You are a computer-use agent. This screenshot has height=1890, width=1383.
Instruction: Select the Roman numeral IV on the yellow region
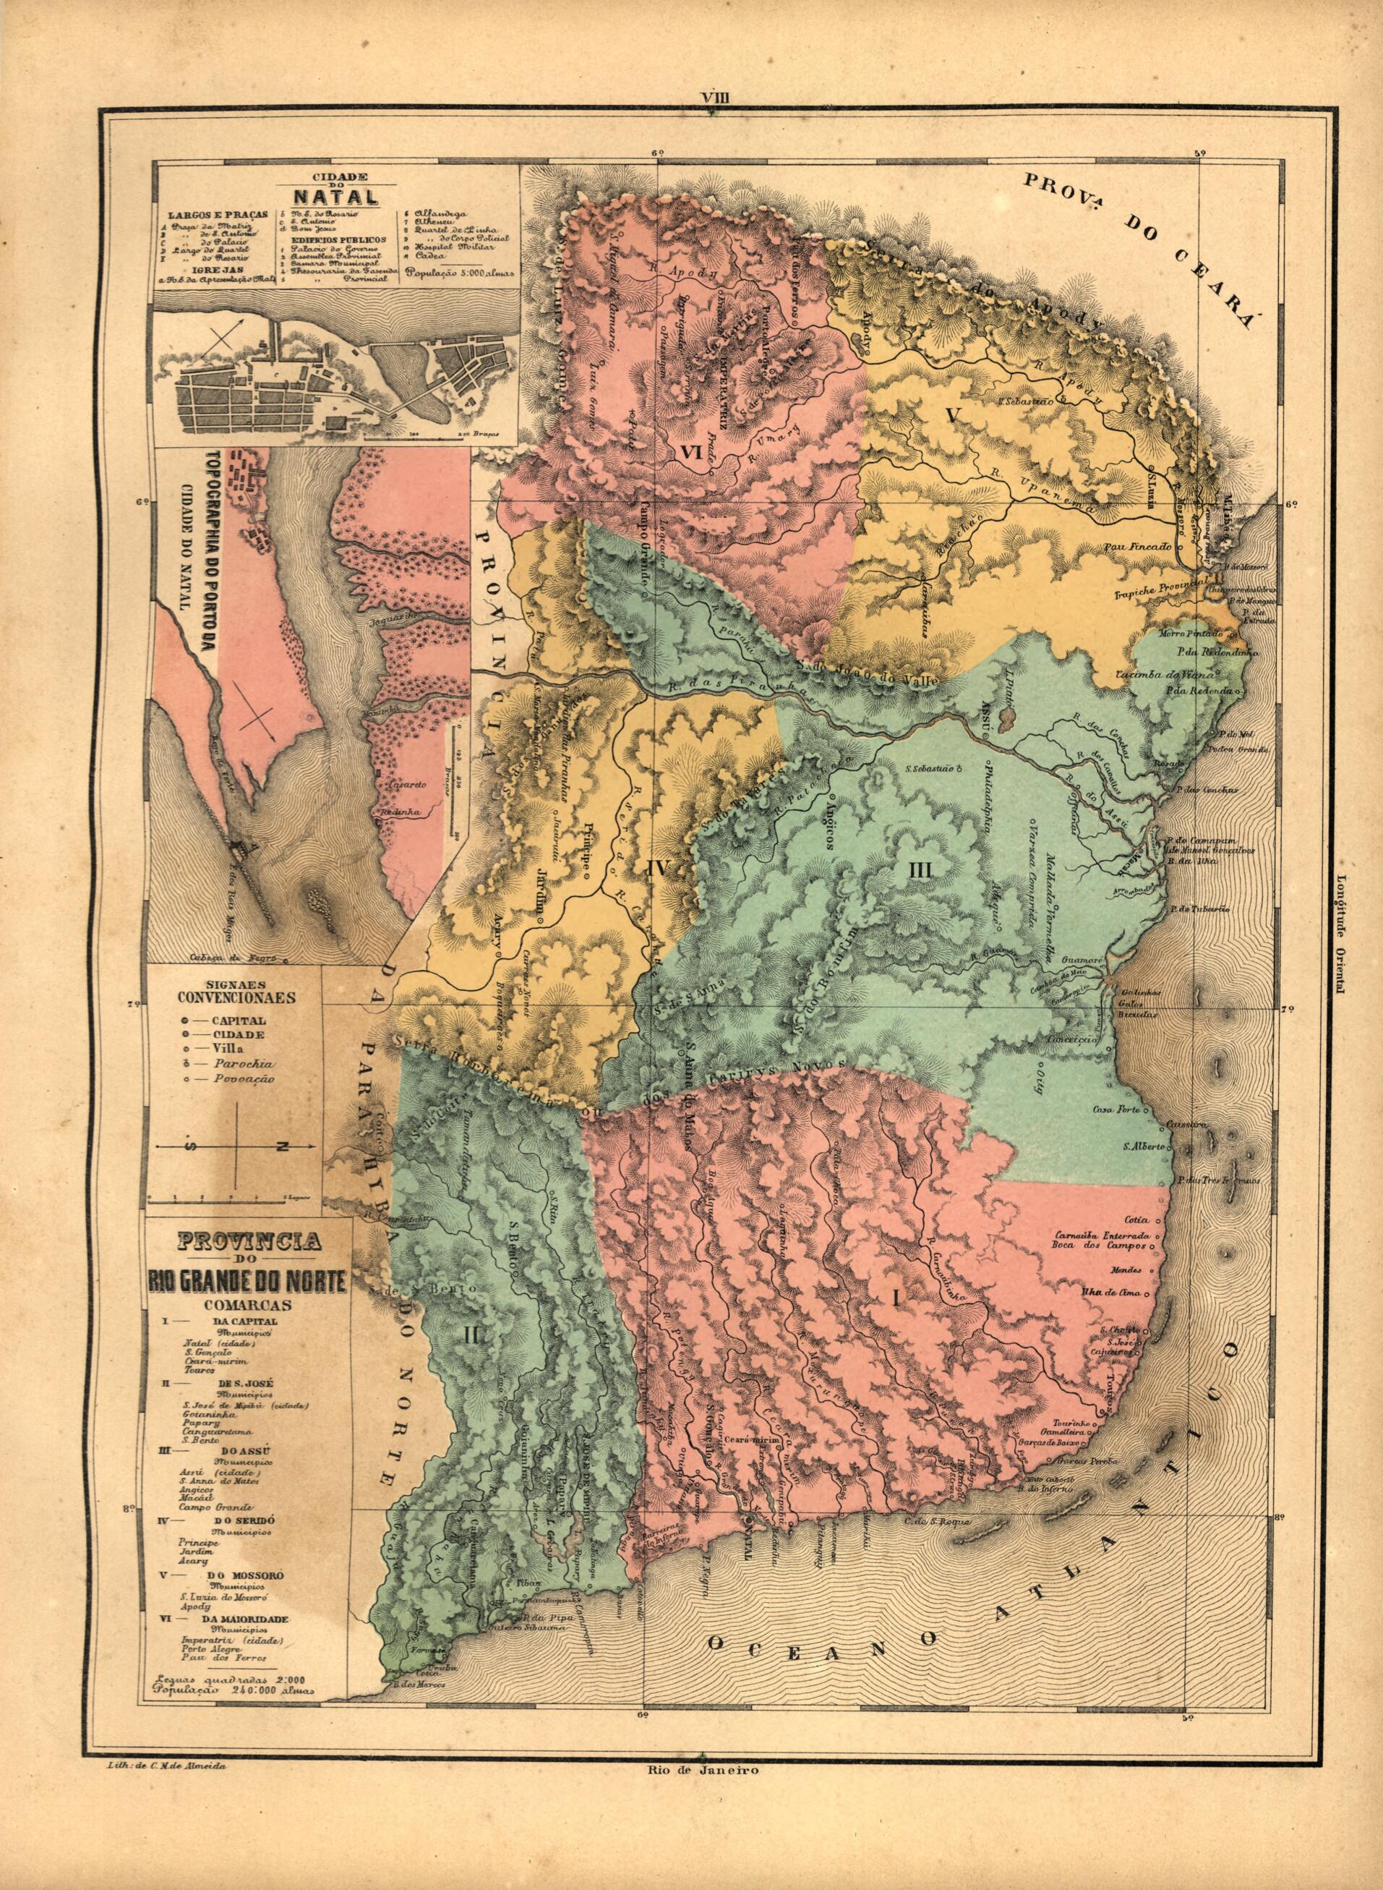pyautogui.click(x=656, y=869)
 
